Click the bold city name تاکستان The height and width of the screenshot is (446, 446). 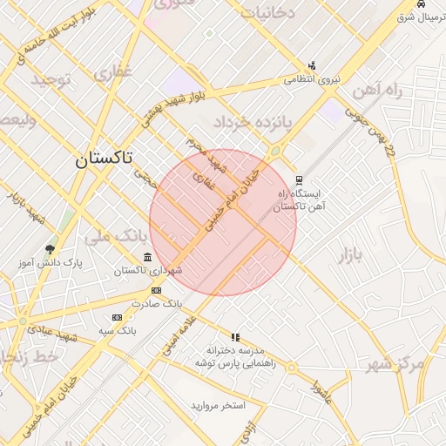click(x=104, y=159)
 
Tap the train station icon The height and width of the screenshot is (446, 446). click(x=301, y=180)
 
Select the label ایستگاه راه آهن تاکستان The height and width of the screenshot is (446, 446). click(x=299, y=200)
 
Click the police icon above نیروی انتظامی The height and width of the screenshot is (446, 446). click(x=312, y=65)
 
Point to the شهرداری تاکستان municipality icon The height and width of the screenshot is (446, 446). click(x=147, y=257)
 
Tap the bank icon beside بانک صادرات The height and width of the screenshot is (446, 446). click(x=156, y=290)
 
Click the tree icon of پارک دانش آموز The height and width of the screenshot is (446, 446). click(x=50, y=248)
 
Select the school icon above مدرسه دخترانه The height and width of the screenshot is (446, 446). click(x=234, y=336)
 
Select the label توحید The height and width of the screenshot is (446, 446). click(x=56, y=81)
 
